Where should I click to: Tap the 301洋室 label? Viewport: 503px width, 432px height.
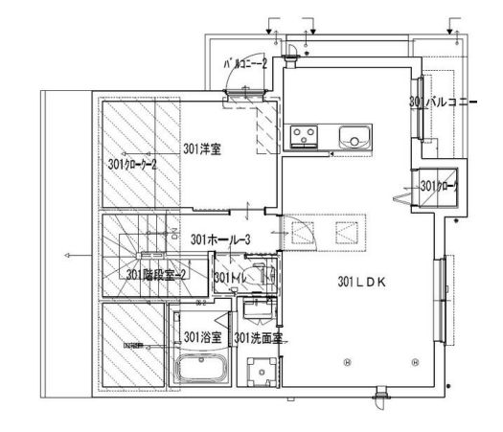(202, 149)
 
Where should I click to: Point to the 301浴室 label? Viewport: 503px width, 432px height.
(203, 337)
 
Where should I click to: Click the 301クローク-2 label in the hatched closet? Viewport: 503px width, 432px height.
(132, 164)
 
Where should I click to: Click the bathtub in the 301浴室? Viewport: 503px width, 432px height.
(199, 370)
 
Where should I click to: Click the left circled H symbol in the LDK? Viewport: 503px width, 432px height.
(347, 362)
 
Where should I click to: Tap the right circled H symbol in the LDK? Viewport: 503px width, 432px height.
(415, 362)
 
